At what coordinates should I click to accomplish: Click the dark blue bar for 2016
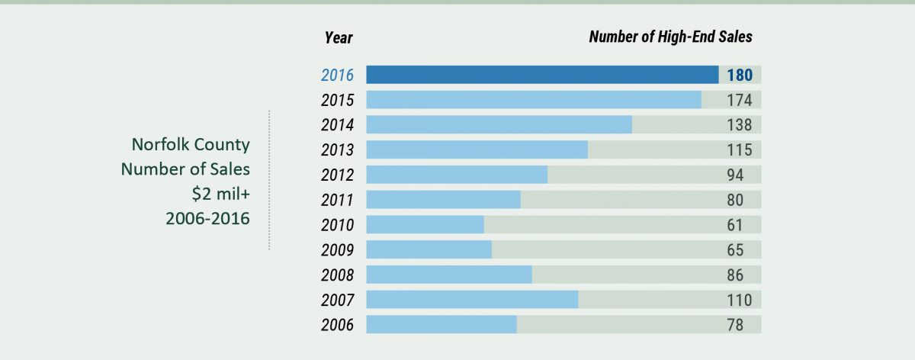(542, 75)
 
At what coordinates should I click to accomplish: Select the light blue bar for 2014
(499, 124)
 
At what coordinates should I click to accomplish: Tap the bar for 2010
(425, 225)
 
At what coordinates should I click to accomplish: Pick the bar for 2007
(472, 300)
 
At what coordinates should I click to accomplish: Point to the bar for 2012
(457, 175)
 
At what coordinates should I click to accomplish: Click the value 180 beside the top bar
(740, 76)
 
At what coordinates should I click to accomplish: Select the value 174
(740, 100)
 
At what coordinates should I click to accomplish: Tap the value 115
(740, 150)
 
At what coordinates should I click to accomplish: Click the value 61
(735, 225)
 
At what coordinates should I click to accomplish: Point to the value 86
(735, 275)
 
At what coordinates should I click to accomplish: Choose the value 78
(735, 325)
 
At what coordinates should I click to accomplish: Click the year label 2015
(337, 100)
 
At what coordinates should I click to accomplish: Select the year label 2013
(337, 150)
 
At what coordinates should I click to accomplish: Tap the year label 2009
(337, 250)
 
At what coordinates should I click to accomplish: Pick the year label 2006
(337, 325)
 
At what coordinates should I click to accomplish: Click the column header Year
(339, 38)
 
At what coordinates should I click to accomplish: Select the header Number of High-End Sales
(671, 37)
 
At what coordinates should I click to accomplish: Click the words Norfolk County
(191, 145)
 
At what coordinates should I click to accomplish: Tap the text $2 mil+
(221, 194)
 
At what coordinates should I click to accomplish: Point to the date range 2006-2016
(207, 219)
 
